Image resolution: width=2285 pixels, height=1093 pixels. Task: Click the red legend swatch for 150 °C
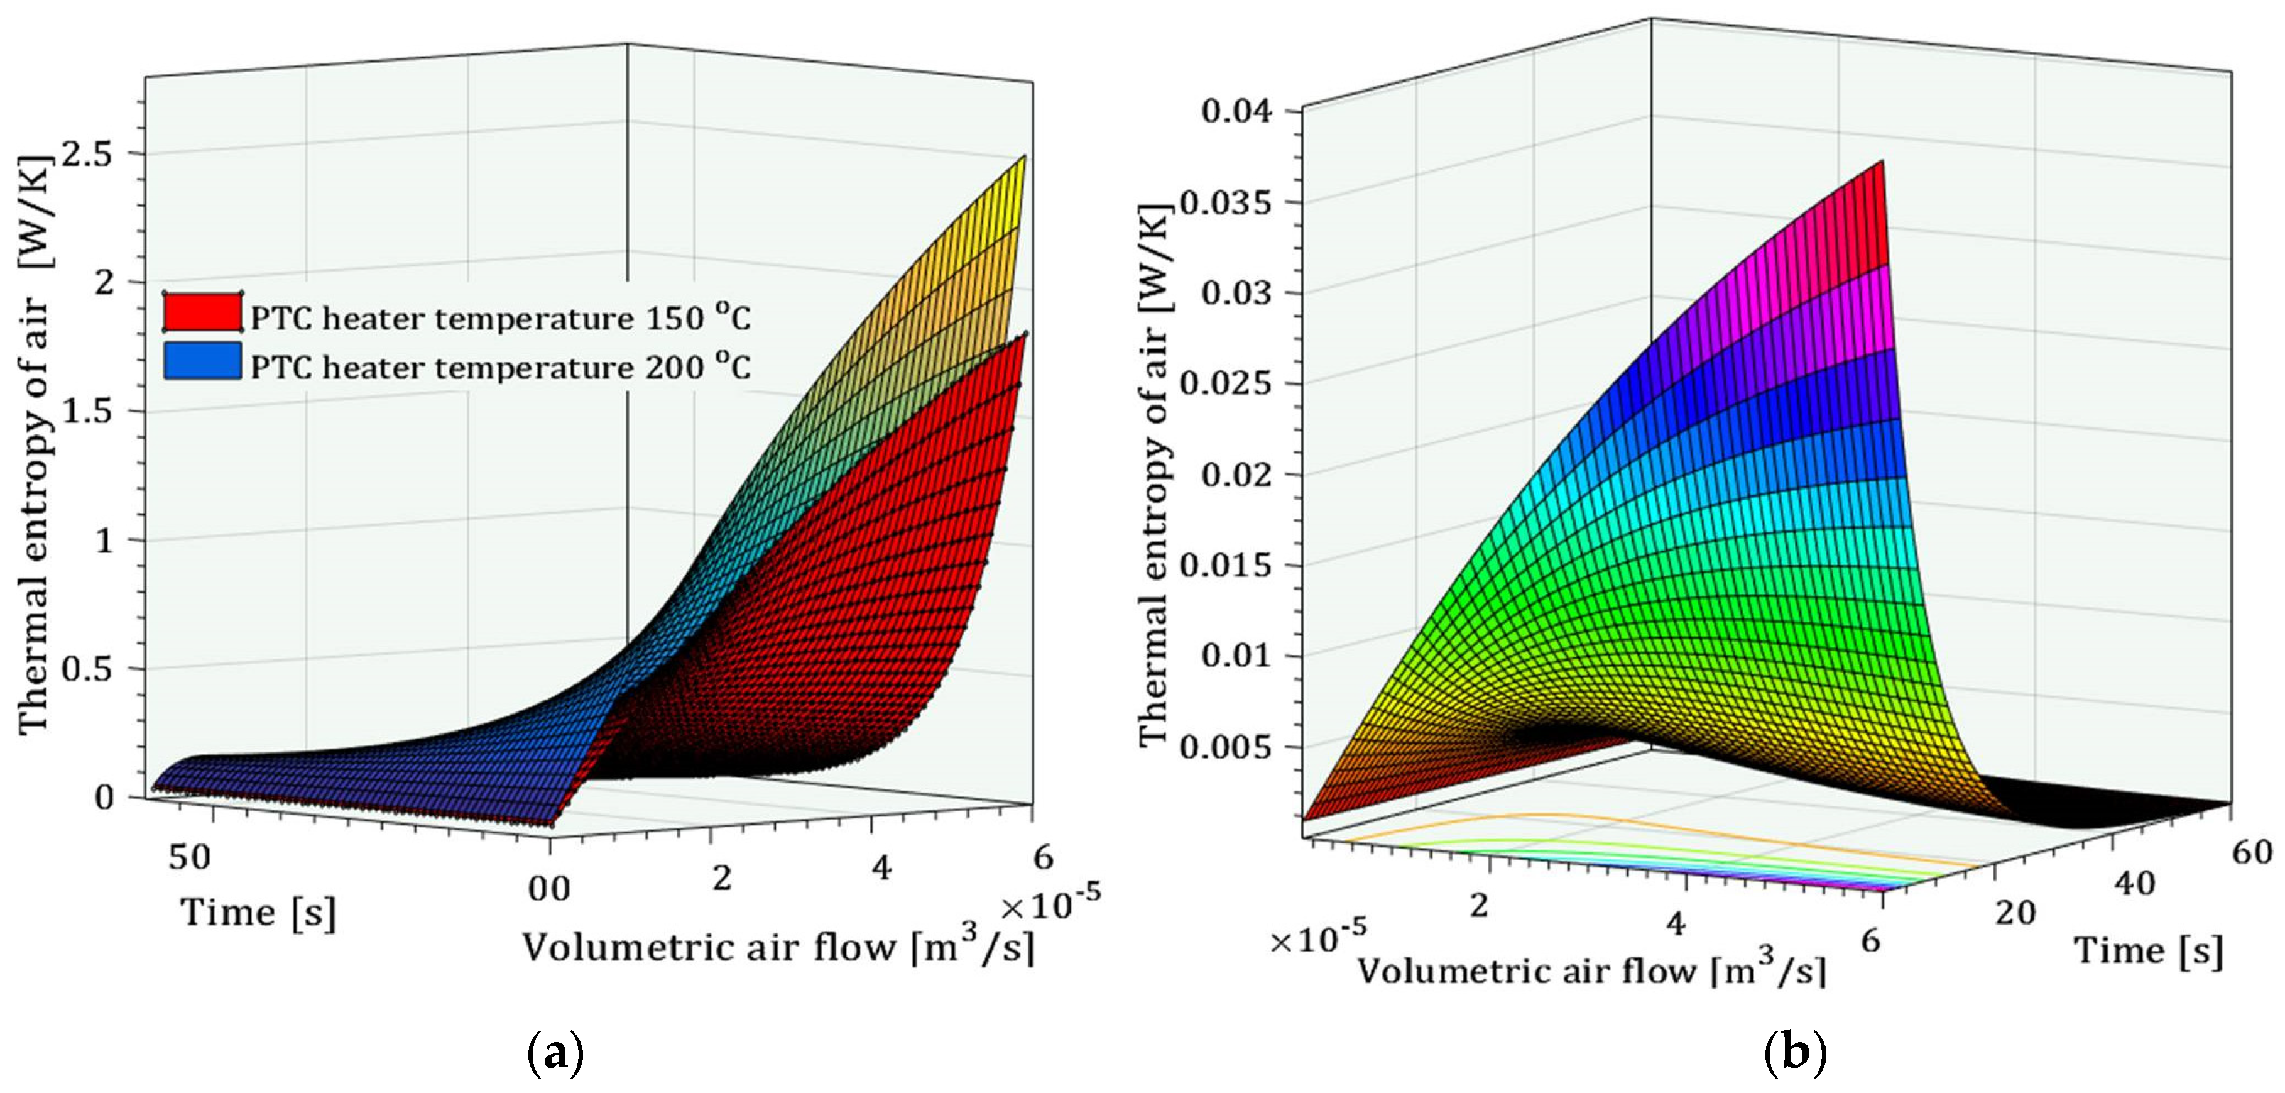(202, 312)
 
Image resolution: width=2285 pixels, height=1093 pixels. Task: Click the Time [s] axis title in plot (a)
(258, 913)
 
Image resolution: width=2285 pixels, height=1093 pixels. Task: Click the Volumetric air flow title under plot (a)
(777, 948)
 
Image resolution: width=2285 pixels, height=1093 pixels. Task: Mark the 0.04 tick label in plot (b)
(1236, 112)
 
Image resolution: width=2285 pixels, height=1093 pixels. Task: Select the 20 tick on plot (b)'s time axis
(2015, 912)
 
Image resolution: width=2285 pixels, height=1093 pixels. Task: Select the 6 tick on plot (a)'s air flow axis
(1043, 857)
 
